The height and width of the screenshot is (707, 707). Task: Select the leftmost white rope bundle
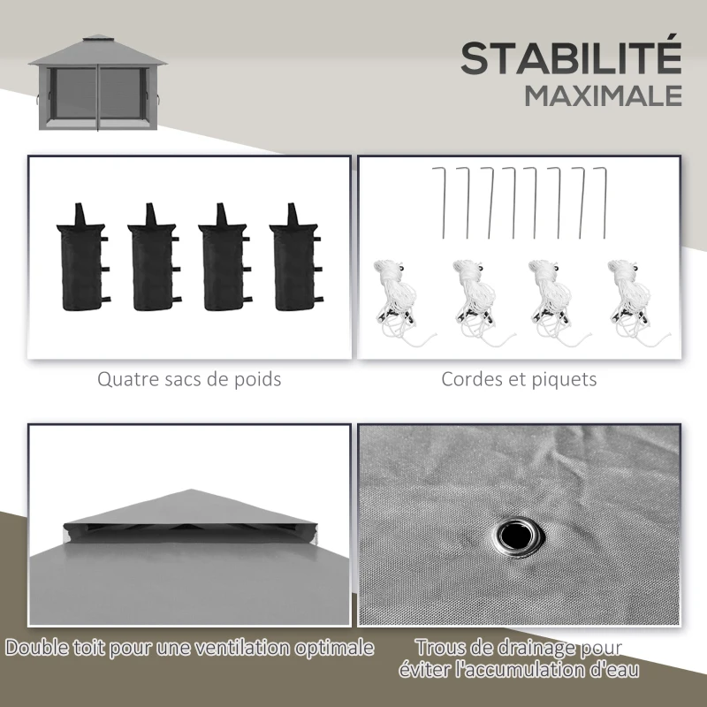coord(390,296)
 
